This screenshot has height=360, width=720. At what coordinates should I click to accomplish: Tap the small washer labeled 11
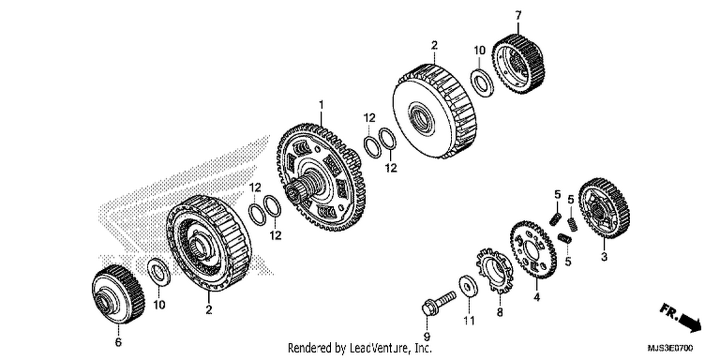point(468,286)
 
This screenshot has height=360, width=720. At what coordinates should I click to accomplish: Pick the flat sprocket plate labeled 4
point(533,250)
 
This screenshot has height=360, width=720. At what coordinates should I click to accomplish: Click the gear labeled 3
point(604,208)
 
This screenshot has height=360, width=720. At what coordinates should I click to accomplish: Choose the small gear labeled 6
point(118,294)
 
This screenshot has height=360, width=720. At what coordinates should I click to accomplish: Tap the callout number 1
point(321,105)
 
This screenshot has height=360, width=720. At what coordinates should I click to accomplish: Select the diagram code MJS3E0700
point(670,348)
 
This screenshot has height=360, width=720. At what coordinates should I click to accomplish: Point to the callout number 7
point(518,15)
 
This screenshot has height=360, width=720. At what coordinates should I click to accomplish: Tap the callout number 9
point(427,337)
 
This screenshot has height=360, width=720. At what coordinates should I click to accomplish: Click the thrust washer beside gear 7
point(482,83)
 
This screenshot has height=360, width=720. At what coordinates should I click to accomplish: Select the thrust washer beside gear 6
point(158,272)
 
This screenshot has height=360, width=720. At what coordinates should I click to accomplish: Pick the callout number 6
point(118,342)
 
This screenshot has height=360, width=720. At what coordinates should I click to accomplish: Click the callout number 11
point(468,321)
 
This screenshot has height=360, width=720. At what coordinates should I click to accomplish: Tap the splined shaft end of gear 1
point(295,192)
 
